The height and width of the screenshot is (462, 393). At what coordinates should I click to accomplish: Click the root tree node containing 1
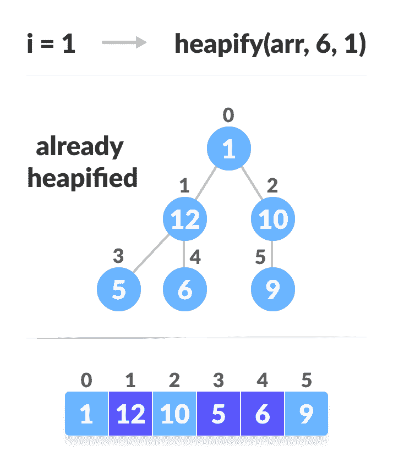[x=229, y=149]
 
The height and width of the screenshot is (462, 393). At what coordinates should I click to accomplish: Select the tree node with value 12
[x=185, y=219]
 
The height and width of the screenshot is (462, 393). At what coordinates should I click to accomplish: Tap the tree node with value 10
[x=273, y=219]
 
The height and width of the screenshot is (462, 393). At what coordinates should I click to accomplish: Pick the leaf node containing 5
[x=119, y=290]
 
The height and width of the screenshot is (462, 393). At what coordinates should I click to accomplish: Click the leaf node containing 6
[x=185, y=290]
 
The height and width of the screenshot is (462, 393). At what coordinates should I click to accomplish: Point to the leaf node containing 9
[x=273, y=290]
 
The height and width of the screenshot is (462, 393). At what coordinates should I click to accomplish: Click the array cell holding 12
[x=130, y=414]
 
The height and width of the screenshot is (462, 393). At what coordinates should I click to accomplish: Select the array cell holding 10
[x=174, y=414]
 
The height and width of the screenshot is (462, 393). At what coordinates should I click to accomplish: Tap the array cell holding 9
[x=306, y=414]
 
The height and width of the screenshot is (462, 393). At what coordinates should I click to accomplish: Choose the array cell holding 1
[x=86, y=414]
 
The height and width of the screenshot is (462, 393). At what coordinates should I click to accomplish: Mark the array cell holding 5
[x=219, y=414]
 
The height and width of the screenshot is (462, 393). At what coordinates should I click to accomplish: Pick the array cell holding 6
[x=263, y=414]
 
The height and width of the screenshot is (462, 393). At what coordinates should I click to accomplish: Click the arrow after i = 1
[x=124, y=43]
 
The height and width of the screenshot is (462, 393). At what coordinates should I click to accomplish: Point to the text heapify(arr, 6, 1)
[x=270, y=44]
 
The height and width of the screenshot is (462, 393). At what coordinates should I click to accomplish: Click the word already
[x=80, y=147]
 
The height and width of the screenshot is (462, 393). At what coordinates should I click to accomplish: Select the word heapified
[x=83, y=178]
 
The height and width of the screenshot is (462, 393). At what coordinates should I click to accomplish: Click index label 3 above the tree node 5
[x=118, y=256]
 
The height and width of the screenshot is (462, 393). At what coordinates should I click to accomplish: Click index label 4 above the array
[x=263, y=380]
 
